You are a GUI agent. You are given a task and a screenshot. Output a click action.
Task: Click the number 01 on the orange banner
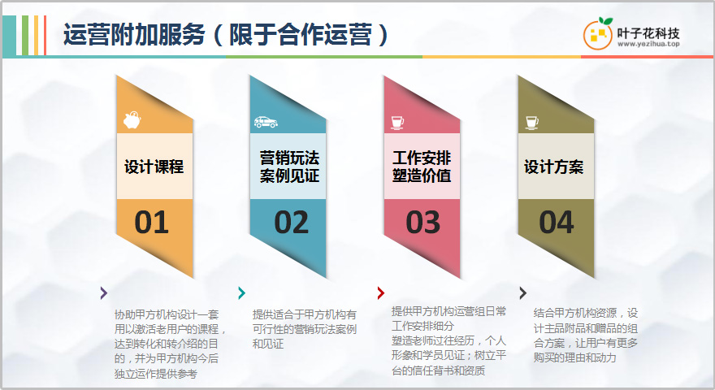[x=151, y=223]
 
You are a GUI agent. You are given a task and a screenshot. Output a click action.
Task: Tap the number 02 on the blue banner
[x=291, y=223]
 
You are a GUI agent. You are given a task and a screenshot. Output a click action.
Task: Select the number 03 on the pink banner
[x=422, y=223]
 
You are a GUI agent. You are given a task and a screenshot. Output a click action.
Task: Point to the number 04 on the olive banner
[x=557, y=223]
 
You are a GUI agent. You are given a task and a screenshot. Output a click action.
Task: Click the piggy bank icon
[x=132, y=120]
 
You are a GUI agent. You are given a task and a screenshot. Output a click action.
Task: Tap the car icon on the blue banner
[x=266, y=122]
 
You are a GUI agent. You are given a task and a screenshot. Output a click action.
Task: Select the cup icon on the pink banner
[x=397, y=122]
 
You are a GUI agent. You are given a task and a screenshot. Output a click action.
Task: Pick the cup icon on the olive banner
[x=531, y=122]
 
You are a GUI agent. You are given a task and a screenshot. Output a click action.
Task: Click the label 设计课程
[x=154, y=167]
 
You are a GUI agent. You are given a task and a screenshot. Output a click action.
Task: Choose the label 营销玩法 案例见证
[x=289, y=167]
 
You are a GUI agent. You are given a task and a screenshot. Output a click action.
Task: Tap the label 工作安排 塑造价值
[x=422, y=167]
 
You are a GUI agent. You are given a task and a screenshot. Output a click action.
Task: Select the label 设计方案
[x=553, y=167]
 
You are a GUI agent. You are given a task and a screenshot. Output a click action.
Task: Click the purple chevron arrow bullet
[x=104, y=292]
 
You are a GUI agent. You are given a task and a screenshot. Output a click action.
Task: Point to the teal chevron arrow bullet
[x=241, y=292]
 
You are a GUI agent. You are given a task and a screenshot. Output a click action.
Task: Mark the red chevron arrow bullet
[x=381, y=292]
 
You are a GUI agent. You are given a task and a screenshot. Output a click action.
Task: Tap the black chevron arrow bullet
[x=522, y=292]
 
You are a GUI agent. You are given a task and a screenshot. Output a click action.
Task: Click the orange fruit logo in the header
[x=598, y=33]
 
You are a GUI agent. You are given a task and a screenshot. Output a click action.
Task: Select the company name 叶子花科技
[x=648, y=33]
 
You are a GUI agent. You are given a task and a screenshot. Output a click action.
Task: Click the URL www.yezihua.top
[x=648, y=44]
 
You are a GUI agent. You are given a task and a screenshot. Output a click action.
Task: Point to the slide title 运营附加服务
[x=134, y=35]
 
